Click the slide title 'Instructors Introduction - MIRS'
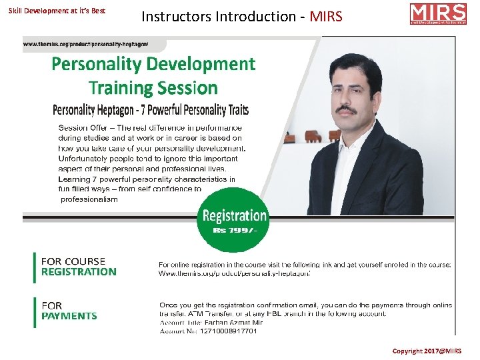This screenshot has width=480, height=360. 241,15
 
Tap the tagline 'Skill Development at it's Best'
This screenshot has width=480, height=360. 57,11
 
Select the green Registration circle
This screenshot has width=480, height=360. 234,219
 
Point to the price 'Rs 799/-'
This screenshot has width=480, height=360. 234,230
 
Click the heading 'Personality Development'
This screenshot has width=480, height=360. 153,64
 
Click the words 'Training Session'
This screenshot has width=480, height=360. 153,87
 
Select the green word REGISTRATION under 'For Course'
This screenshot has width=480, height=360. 79,271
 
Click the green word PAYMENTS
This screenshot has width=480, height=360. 69,316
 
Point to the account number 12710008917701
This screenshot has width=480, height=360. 227,331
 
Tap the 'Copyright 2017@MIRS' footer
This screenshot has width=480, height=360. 435,351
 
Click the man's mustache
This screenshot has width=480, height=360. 345,107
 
